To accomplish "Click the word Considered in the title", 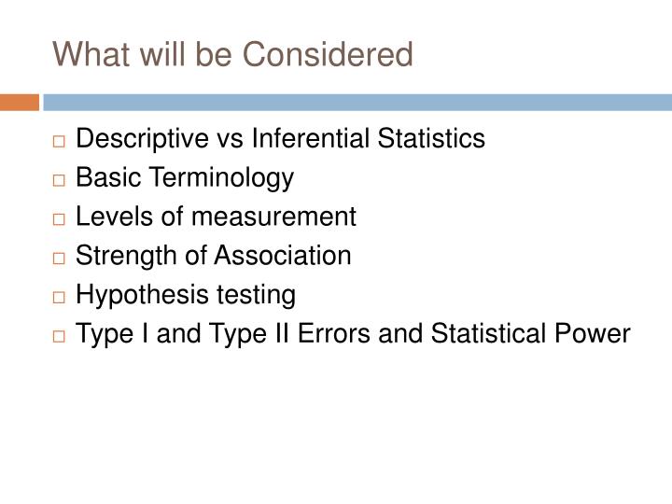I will coord(329,55).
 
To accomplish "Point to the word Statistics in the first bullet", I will coord(434,139).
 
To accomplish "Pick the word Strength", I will coord(121,257).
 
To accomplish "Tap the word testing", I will coord(259,296).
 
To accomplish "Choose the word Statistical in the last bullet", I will coord(487,335).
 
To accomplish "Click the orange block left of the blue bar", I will coord(19,102).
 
